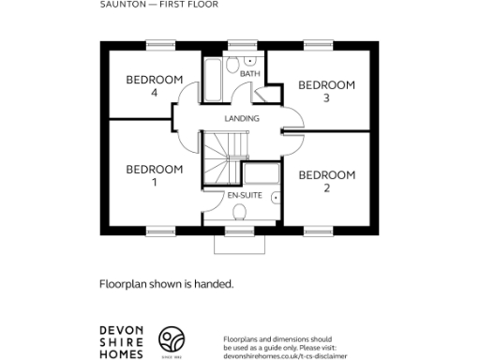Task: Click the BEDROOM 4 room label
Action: coord(154,86)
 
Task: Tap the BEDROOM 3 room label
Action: coord(326,91)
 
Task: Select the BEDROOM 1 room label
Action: coord(154,175)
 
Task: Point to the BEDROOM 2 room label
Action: coord(326,181)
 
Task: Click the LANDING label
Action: coord(242,119)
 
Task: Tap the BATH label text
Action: coord(249,73)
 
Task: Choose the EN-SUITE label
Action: coord(244,195)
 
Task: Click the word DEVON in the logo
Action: coord(121,331)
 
